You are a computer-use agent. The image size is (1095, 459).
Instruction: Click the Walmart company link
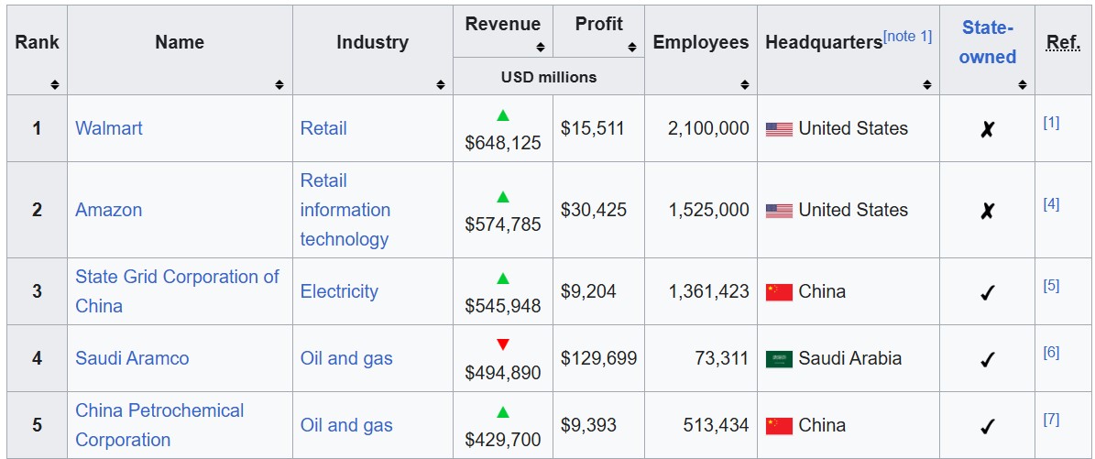tap(109, 128)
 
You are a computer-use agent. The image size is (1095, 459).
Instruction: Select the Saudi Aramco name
tap(132, 358)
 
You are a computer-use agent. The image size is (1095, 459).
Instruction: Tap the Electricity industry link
tap(339, 291)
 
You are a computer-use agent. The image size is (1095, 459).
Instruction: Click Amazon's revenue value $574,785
tap(503, 224)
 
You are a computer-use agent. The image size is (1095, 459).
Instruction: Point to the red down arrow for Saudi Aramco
tap(502, 344)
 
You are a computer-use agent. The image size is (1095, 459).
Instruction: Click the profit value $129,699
tap(598, 358)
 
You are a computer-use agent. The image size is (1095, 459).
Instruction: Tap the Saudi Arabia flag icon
tap(779, 359)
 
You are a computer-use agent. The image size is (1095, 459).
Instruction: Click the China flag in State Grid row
tap(779, 292)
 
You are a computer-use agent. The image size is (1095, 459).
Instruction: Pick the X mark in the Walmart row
tap(987, 129)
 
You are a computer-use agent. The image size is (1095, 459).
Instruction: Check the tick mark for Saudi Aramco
tap(987, 359)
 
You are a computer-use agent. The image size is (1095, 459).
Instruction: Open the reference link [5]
tap(1051, 285)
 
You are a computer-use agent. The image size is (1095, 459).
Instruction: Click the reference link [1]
tap(1051, 122)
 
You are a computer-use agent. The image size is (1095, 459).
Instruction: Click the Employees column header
tap(700, 42)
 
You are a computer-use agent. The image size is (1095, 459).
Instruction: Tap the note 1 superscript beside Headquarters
tap(907, 36)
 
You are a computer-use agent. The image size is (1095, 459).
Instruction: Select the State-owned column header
tap(987, 42)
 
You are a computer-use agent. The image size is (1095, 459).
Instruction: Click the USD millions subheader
tap(548, 77)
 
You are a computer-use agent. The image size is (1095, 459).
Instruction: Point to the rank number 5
tap(37, 425)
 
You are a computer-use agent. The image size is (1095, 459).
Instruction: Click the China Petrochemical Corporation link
tap(159, 425)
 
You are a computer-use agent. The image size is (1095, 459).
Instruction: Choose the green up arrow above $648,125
tap(502, 115)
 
